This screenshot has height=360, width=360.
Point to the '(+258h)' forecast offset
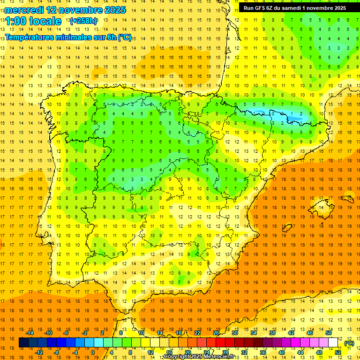pos(83,21)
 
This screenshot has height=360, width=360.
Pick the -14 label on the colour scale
pos(29,333)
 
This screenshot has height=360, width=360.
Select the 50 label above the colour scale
pos(329,333)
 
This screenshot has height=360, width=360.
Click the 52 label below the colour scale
pos(337,352)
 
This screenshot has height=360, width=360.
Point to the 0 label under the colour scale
pos(93,352)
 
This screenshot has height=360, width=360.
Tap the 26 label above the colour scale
pos(216,333)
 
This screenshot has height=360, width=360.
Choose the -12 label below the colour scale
pos(38,352)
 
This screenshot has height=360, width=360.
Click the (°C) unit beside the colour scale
pos(349,343)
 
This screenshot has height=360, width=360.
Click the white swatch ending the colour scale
pos(333,343)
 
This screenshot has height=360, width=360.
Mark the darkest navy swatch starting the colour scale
pos(23,343)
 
